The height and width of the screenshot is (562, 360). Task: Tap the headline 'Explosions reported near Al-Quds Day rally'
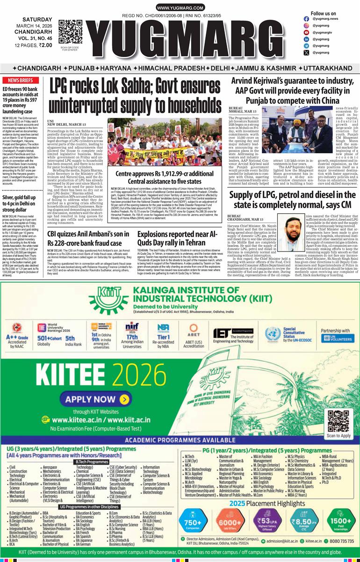pyautogui.click(x=178, y=238)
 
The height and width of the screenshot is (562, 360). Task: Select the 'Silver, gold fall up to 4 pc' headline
pyautogui.click(x=22, y=203)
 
